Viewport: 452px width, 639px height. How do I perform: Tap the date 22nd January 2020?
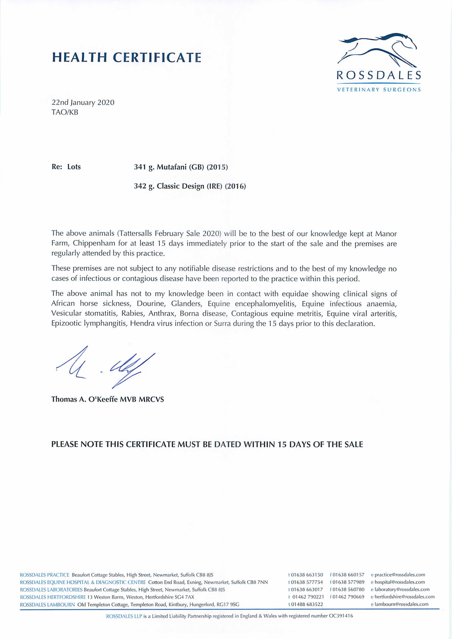(83, 102)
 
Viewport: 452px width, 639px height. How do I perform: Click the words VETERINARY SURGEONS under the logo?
(379, 90)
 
